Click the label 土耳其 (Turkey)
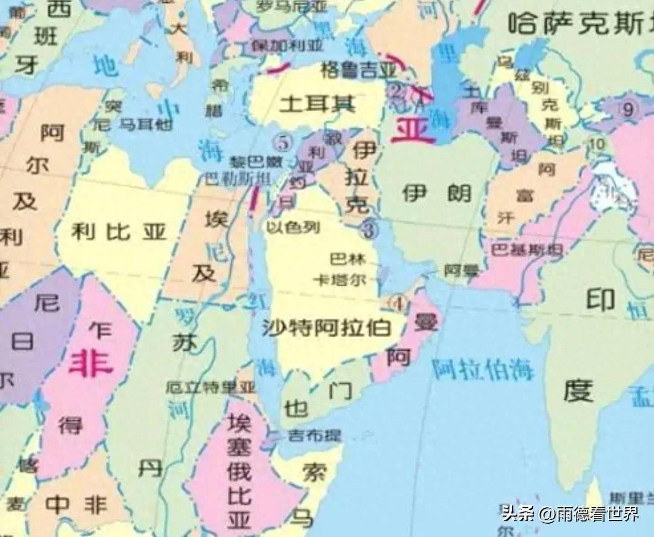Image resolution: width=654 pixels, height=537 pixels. click(317, 104)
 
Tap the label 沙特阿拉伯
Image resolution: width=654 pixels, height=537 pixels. click(326, 329)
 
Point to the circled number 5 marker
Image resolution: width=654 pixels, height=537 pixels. click(283, 142)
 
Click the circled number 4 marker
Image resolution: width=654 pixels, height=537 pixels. click(397, 303)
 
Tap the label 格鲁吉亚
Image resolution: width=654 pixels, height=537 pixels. click(359, 71)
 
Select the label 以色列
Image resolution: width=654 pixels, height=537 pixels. click(293, 227)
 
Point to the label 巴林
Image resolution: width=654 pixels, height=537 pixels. click(346, 258)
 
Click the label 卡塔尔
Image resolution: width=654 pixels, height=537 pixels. click(340, 280)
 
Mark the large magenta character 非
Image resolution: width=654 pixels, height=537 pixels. click(90, 365)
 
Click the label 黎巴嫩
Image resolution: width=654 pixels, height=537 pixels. click(251, 163)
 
